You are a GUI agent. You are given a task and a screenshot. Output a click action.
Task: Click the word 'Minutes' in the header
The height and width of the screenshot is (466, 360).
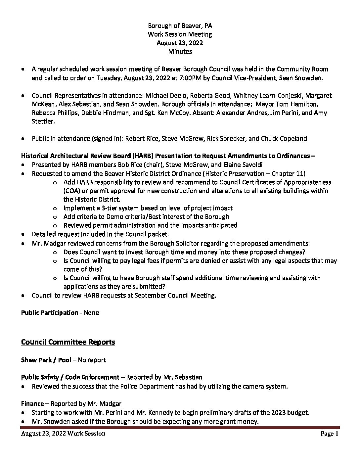pos(180,51)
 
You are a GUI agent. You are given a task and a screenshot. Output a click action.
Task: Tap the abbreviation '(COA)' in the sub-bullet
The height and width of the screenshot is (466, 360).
pos(72,191)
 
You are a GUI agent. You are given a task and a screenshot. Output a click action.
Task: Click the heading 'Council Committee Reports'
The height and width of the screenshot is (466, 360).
pos(68,342)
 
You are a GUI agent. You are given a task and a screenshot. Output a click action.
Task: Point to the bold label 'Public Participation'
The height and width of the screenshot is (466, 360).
pos(49,312)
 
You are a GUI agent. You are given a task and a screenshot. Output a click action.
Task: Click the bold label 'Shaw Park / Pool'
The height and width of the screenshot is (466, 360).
pos(46,360)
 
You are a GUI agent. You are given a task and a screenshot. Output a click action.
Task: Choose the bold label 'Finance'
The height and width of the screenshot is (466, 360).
pos(32,403)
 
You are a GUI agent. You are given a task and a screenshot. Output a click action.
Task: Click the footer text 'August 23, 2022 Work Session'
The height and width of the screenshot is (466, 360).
pos(63,434)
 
